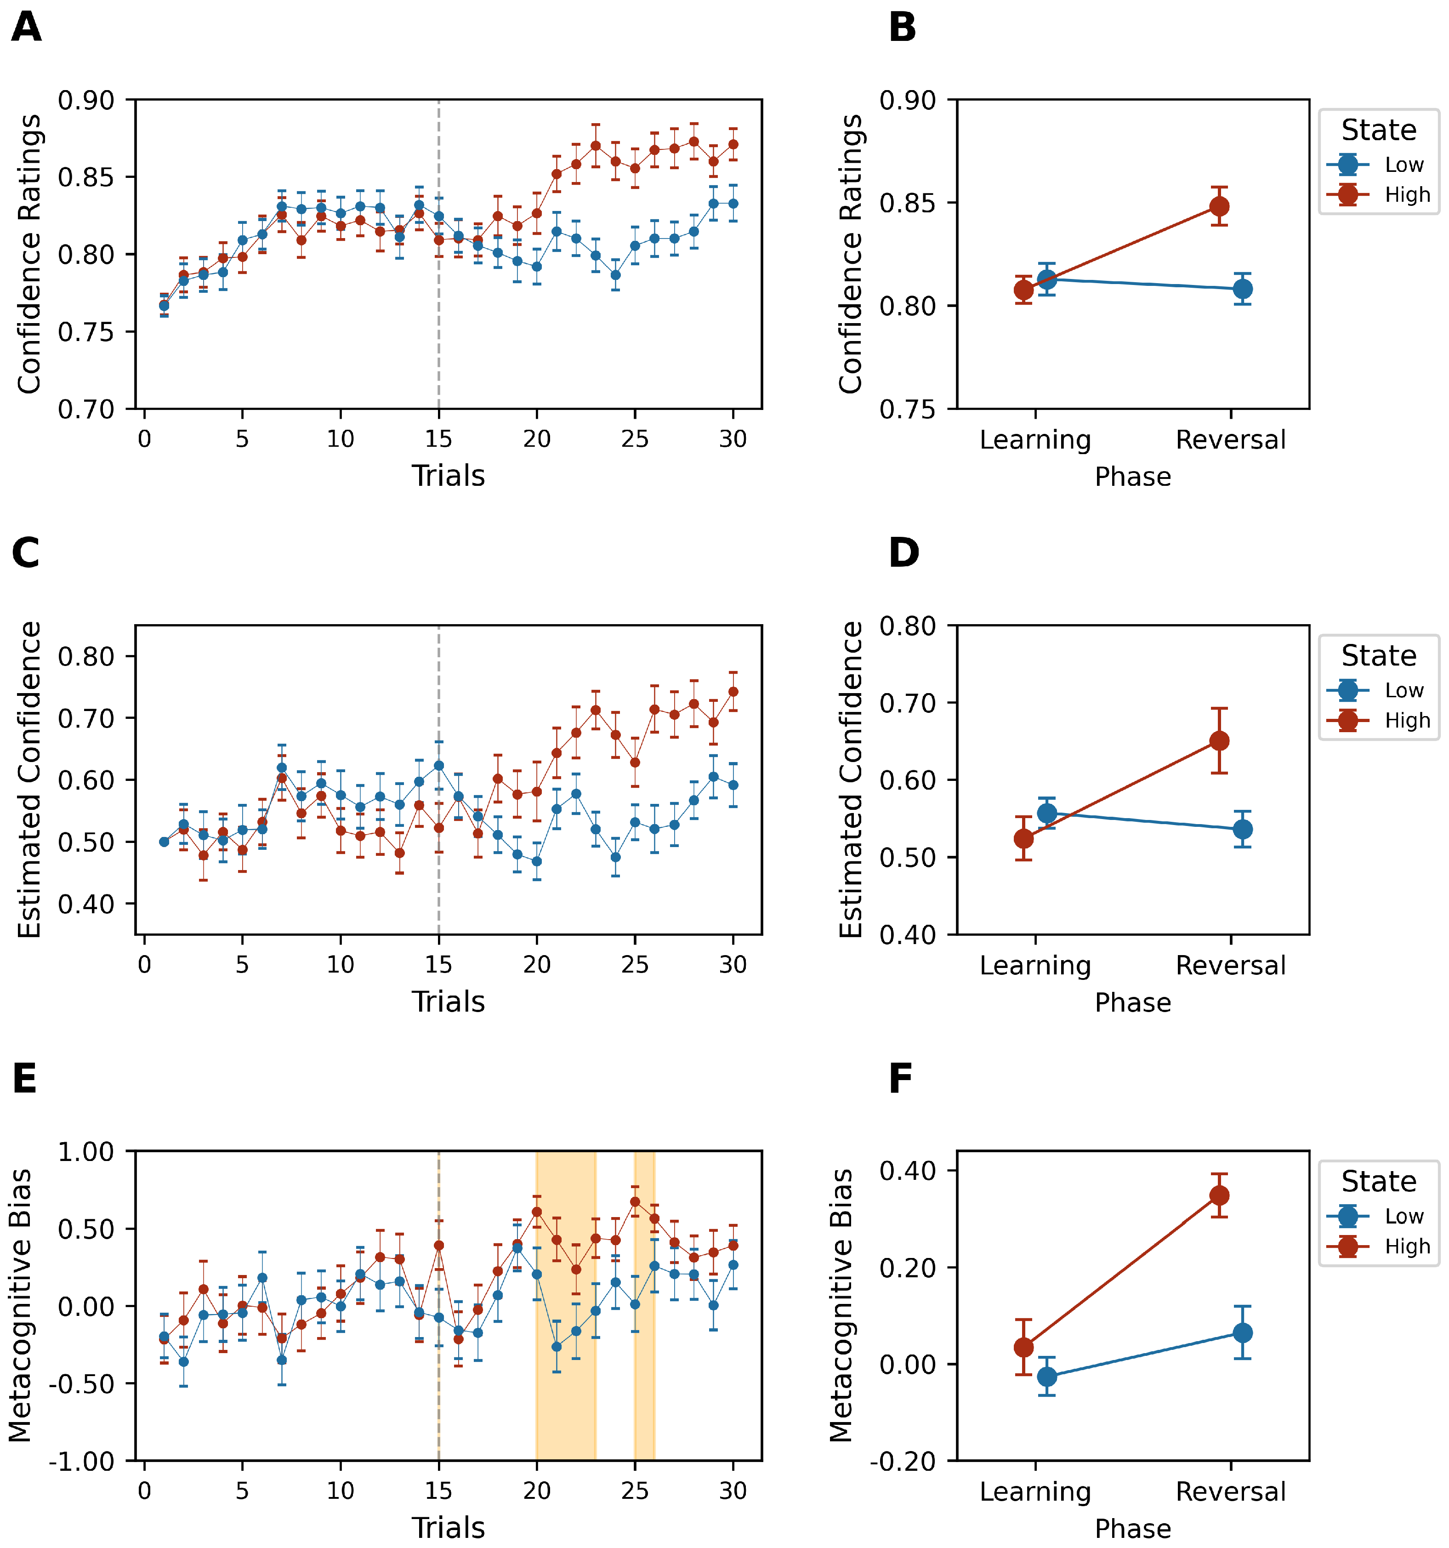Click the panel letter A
click(27, 28)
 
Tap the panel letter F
click(901, 1079)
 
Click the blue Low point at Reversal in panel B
click(1243, 289)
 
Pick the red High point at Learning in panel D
click(1024, 839)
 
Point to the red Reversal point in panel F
click(1219, 1195)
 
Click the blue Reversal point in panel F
click(1243, 1333)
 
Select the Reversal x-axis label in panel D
click(1230, 966)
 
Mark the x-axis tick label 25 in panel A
click(635, 439)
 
